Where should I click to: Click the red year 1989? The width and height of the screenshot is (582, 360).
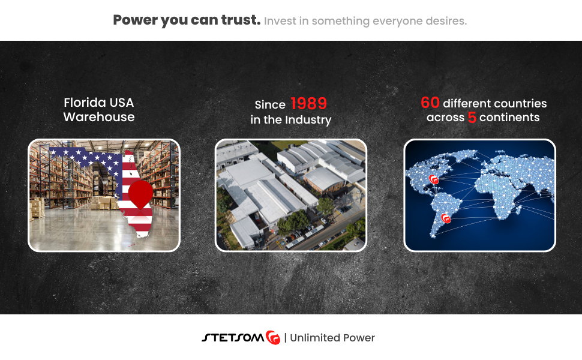pos(308,104)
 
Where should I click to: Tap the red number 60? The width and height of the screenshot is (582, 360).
pos(430,103)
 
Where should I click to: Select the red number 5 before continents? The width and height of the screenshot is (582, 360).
pos(472,117)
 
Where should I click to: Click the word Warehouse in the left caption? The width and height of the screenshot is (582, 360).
pos(99,117)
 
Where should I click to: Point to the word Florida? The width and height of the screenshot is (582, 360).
pos(85,103)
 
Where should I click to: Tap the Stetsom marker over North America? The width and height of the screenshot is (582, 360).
pos(434,179)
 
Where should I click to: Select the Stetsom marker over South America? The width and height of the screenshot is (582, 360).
pos(446,218)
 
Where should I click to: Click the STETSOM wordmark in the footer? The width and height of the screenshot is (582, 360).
pos(233,337)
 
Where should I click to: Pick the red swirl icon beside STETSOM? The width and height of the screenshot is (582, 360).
pos(273,337)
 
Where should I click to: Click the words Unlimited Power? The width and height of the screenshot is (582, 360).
pos(332,338)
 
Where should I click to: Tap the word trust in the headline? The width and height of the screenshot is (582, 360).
pos(241,20)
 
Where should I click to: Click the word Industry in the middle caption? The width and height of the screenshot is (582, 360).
pos(308,120)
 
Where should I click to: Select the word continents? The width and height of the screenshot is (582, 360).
pos(509,117)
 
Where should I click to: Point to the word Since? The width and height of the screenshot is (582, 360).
pos(270,104)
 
